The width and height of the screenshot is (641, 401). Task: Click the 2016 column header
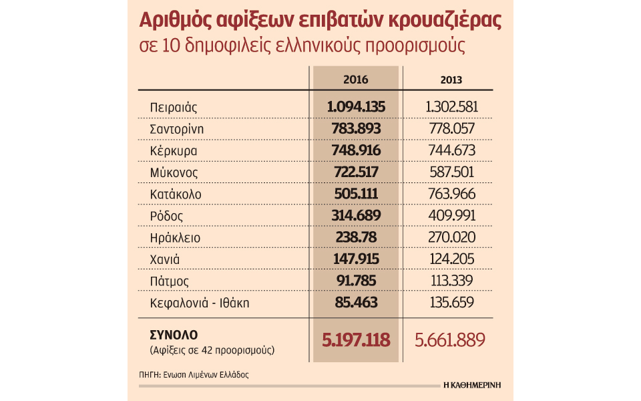tap(356, 80)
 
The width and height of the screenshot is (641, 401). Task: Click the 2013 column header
tap(451, 80)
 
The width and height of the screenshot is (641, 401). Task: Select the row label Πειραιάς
tap(174, 107)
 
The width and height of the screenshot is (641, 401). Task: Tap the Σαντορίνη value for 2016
tap(356, 128)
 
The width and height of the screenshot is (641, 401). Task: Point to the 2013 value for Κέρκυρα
tap(452, 150)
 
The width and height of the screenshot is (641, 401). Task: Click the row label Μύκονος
tap(174, 172)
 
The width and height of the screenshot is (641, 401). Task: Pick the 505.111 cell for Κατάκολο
tap(356, 194)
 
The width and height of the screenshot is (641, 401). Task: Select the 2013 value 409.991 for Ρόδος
tap(452, 215)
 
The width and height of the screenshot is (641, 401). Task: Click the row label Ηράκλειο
tap(175, 237)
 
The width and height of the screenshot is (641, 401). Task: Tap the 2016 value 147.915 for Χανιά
tap(356, 259)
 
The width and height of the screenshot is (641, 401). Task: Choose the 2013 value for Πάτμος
tap(452, 280)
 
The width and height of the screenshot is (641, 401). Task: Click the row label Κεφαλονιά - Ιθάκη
tap(200, 303)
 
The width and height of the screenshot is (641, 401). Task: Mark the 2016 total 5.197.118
tap(356, 340)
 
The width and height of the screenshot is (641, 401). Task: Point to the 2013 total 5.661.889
tap(450, 340)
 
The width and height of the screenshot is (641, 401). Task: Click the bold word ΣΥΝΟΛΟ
tap(174, 335)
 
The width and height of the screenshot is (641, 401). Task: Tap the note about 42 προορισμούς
tap(212, 350)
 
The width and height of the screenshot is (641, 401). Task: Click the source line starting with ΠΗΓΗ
tap(194, 374)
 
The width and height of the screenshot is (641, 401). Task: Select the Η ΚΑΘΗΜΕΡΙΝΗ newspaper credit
tap(472, 385)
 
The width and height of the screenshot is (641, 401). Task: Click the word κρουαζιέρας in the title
tap(445, 21)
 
